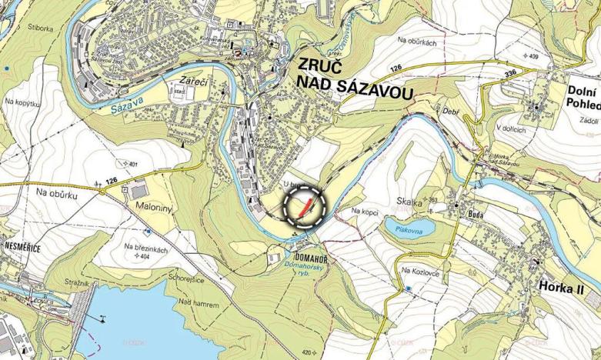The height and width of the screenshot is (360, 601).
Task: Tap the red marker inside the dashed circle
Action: click(x=306, y=206)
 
